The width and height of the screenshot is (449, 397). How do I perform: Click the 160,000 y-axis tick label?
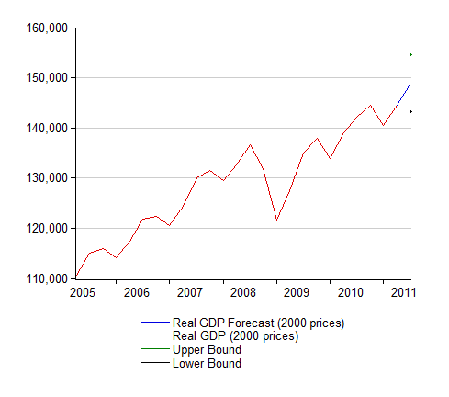(47, 28)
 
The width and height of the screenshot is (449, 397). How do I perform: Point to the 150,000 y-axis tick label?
(47, 78)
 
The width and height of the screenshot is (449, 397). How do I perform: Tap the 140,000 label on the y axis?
(47, 128)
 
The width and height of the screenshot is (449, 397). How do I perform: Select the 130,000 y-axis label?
(47, 177)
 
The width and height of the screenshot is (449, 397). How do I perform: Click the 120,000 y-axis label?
(47, 228)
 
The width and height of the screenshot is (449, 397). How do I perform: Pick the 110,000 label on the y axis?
(47, 278)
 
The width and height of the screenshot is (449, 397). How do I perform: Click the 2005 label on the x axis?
(83, 292)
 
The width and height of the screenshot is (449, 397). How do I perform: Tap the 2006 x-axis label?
(137, 292)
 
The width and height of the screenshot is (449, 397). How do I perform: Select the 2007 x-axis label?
(190, 292)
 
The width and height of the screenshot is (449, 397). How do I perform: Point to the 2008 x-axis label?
(243, 292)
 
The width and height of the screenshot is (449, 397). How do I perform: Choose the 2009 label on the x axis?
(297, 292)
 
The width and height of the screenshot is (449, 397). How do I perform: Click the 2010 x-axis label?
(351, 292)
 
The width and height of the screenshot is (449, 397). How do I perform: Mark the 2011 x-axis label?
(403, 292)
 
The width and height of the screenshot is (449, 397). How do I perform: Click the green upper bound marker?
(410, 55)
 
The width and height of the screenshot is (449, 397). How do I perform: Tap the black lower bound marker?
(410, 111)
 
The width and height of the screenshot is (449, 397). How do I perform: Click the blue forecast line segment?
(403, 95)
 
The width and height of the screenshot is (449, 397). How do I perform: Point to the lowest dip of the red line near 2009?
(276, 220)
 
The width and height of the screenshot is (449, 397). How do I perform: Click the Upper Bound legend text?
(207, 349)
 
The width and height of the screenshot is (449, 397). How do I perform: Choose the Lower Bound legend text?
(207, 363)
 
